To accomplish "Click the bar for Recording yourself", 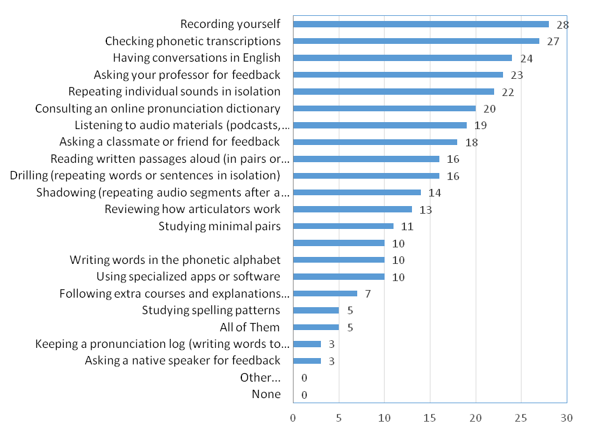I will click(x=420, y=24).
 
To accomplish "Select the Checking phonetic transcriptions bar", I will click(x=416, y=41).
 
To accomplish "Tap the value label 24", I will click(x=525, y=58).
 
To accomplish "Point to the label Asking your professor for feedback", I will click(x=187, y=74).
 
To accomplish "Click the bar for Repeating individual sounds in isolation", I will click(x=393, y=92).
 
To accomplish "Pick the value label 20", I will click(x=489, y=109).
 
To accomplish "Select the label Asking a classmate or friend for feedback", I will click(x=169, y=142).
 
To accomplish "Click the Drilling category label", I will click(x=146, y=176).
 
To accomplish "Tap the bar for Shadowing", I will click(x=357, y=192).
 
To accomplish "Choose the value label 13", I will click(x=425, y=209).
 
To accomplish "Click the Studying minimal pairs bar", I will click(x=343, y=226).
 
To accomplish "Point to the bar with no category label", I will click(x=338, y=243).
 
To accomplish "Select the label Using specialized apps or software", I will click(x=188, y=277).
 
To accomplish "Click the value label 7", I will click(x=367, y=294).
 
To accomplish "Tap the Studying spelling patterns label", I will click(x=211, y=310).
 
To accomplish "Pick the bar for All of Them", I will click(x=315, y=327).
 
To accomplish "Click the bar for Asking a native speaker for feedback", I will click(x=306, y=361).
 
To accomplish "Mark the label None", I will click(x=266, y=394).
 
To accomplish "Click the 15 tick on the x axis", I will click(x=430, y=418).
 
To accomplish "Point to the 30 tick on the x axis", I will click(x=567, y=418).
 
